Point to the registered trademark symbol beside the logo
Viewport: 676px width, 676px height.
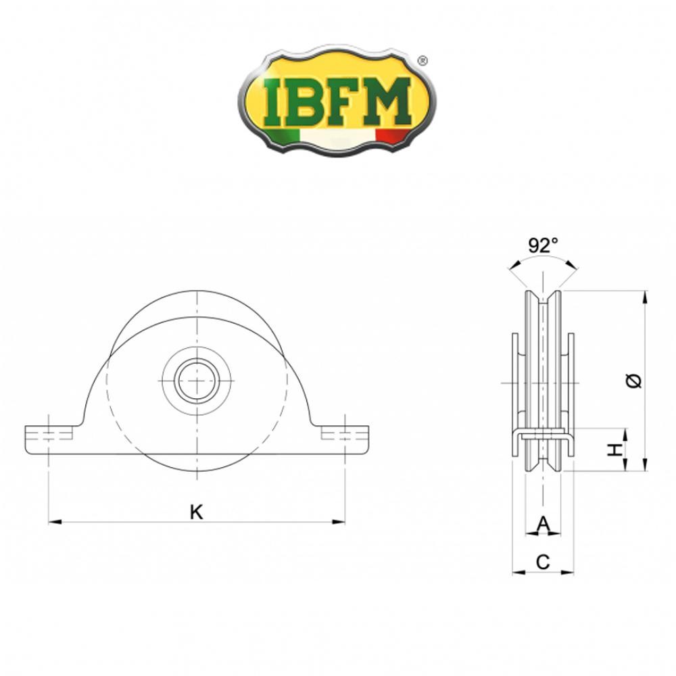tap(423, 61)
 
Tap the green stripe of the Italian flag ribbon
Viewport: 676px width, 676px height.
tap(281, 135)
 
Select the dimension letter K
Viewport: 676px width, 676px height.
tap(196, 512)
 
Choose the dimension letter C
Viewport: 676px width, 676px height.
tap(543, 560)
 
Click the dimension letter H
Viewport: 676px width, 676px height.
tap(614, 450)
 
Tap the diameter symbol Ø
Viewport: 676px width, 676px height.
tap(634, 381)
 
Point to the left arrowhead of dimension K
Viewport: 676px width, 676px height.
tap(53, 521)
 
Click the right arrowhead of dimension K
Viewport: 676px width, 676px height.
tap(339, 521)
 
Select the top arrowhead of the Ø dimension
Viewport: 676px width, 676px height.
tap(646, 295)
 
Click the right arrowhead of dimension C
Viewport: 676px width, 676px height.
tap(569, 572)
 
